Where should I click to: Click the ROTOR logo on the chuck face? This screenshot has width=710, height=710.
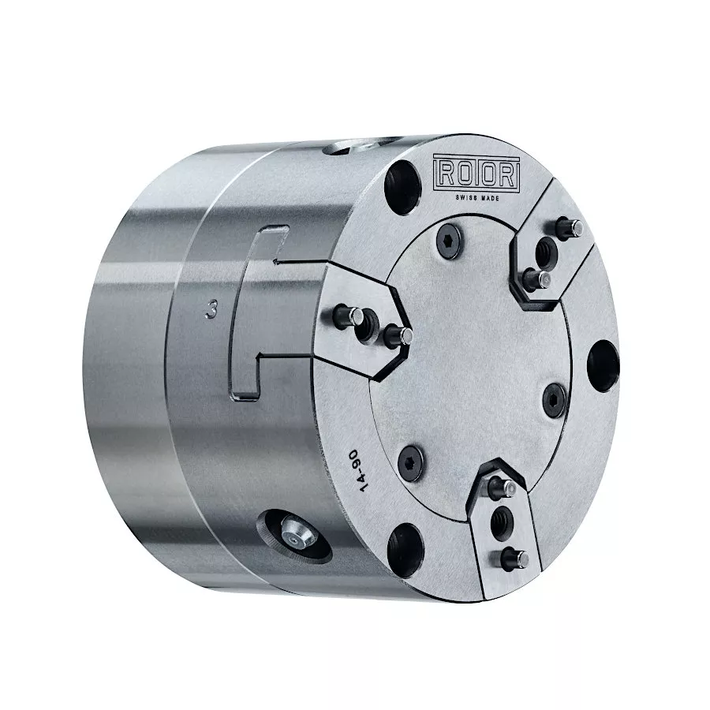(476, 173)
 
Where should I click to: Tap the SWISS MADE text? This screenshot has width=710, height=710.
(476, 198)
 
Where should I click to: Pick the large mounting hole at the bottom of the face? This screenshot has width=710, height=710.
(405, 551)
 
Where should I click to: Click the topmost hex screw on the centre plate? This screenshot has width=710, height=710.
(449, 241)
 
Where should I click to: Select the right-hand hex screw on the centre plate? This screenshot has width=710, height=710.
(555, 400)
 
